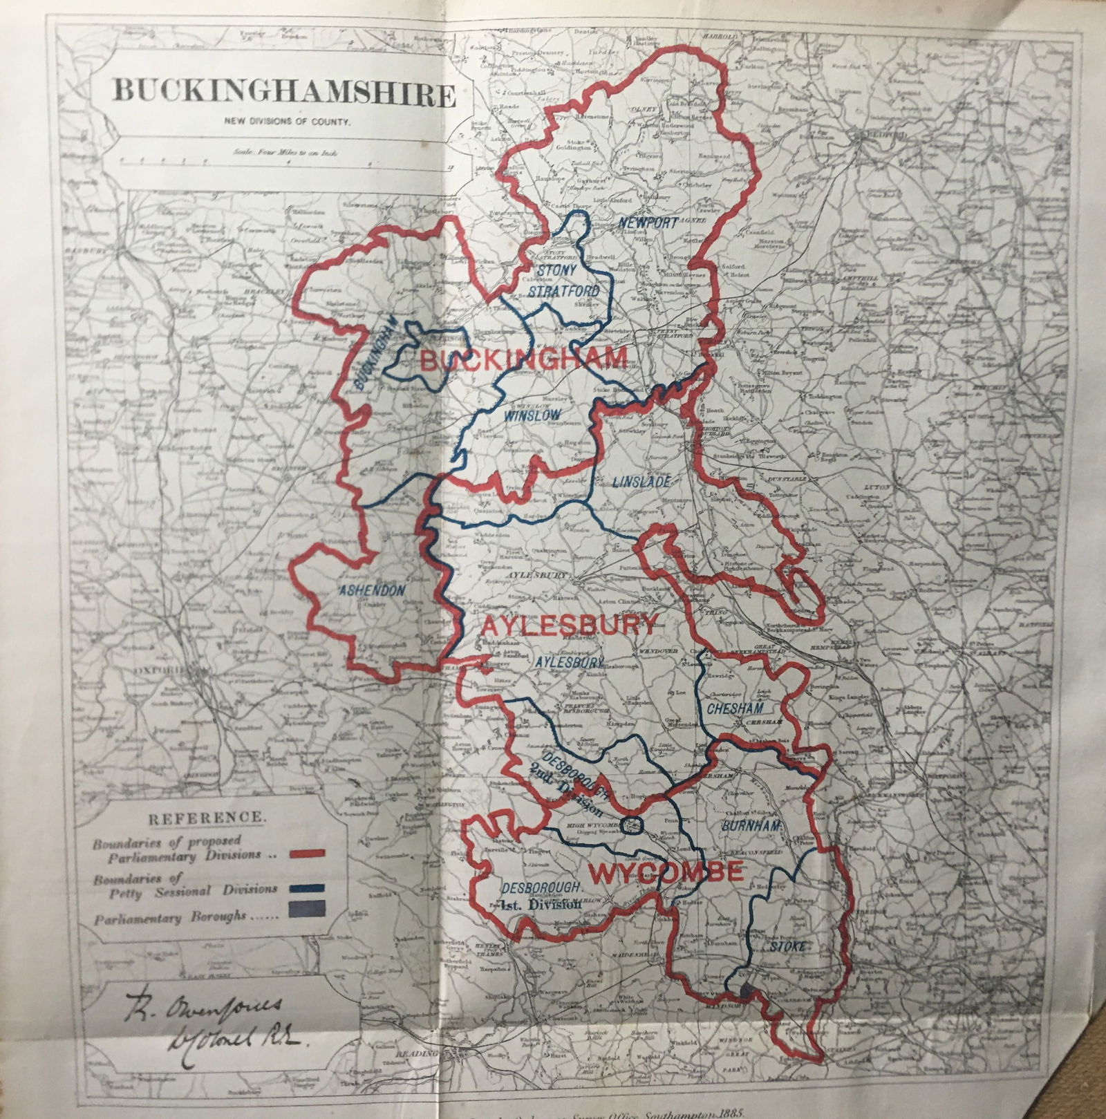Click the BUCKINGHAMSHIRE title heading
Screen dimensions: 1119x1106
tap(283, 92)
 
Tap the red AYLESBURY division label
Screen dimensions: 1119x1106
tap(568, 625)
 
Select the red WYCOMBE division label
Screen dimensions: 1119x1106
tap(665, 872)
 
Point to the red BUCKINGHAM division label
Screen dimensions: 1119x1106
tap(523, 359)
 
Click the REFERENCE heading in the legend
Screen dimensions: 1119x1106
tap(207, 816)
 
